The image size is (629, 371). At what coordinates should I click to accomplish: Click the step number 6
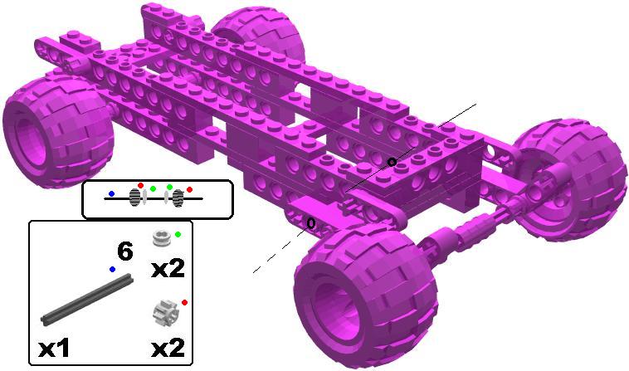tap(124, 251)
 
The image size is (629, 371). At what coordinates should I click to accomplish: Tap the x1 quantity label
tap(54, 347)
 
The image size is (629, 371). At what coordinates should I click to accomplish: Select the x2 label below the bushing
tap(168, 268)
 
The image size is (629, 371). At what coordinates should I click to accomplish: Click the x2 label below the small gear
tap(168, 347)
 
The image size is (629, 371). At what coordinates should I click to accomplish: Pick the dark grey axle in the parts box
tap(87, 299)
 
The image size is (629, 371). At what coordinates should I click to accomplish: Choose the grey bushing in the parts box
tap(162, 238)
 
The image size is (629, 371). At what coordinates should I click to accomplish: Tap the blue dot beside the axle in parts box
tap(112, 270)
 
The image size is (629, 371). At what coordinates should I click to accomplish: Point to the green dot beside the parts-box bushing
tap(178, 234)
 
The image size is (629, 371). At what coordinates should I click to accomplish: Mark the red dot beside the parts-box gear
tap(184, 302)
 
